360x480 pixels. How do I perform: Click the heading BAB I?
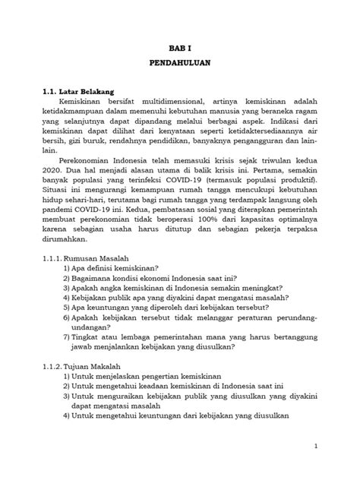point(179,46)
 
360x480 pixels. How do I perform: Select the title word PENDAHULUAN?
point(179,65)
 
